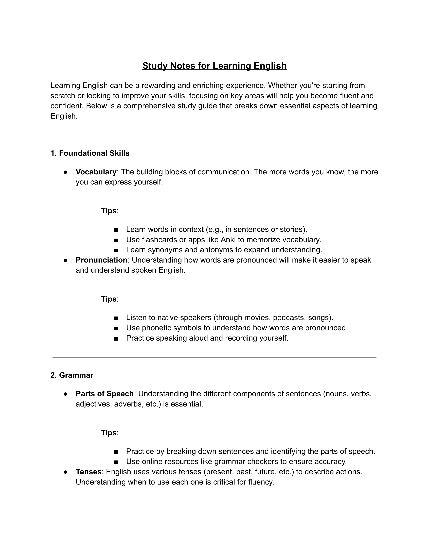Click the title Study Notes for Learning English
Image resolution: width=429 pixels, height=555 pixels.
click(214, 66)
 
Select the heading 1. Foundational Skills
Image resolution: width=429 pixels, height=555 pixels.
click(90, 153)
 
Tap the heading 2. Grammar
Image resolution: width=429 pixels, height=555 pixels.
click(72, 375)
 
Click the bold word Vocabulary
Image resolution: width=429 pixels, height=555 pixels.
click(96, 172)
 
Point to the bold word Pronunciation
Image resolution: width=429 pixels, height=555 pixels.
click(101, 260)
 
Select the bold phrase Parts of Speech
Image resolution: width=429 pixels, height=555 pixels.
click(105, 394)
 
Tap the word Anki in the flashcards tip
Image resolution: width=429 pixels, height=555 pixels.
click(228, 240)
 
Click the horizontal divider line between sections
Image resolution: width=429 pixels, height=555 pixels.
click(214, 358)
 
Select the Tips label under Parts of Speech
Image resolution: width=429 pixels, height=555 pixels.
click(109, 433)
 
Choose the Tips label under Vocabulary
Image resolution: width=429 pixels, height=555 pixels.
click(109, 211)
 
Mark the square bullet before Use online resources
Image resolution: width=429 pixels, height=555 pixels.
click(116, 462)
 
